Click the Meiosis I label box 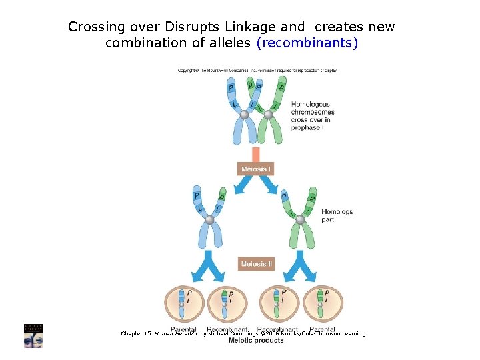pyautogui.click(x=256, y=169)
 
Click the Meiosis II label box pyautogui.click(x=256, y=264)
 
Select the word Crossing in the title pyautogui.click(x=97, y=27)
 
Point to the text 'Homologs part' pyautogui.click(x=337, y=215)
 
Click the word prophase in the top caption pyautogui.click(x=304, y=127)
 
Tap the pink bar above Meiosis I pyautogui.click(x=256, y=154)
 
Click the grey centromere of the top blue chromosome pyautogui.click(x=245, y=115)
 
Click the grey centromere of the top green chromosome pyautogui.click(x=268, y=115)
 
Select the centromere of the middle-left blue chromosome pyautogui.click(x=210, y=219)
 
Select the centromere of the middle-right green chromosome pyautogui.click(x=300, y=219)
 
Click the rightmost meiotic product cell pyautogui.click(x=323, y=303)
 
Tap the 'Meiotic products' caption pyautogui.click(x=256, y=341)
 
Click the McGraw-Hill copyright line pyautogui.click(x=257, y=70)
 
